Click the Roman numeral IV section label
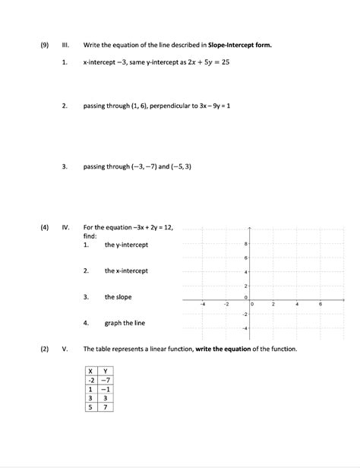66,227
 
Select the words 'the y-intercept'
126,245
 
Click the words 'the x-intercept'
126,271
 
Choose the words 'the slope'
118,297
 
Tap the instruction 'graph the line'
125,323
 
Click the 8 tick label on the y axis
246,245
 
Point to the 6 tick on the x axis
321,304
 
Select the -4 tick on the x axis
203,304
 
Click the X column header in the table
90,370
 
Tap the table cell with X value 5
90,406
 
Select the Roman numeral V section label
65,349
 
